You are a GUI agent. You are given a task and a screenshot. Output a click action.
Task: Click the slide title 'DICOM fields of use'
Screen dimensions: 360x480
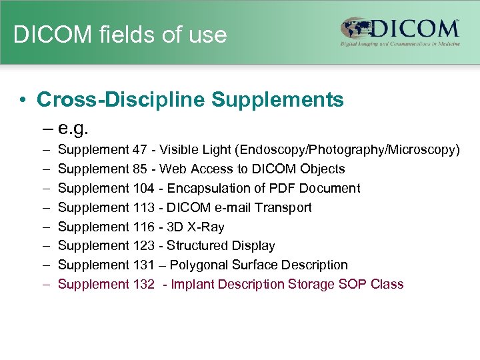120,35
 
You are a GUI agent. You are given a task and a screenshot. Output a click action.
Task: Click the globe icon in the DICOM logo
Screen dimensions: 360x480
357,29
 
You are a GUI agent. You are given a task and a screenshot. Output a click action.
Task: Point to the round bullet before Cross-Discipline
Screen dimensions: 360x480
23,101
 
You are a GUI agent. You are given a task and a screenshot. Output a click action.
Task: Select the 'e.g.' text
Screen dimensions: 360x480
74,127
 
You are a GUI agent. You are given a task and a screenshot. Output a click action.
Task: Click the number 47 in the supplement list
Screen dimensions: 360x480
140,150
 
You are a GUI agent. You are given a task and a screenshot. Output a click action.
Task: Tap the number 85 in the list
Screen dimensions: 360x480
140,169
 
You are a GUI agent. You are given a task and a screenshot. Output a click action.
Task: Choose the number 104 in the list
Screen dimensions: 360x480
143,189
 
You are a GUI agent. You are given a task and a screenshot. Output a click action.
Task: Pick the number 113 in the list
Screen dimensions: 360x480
143,207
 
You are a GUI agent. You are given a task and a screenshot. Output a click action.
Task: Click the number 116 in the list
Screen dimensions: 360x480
143,227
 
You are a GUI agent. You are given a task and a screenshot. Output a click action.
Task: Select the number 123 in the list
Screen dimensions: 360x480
143,246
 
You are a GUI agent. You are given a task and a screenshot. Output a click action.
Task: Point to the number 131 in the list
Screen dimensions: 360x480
143,265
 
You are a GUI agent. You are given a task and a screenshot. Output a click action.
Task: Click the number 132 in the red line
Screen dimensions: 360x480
143,284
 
